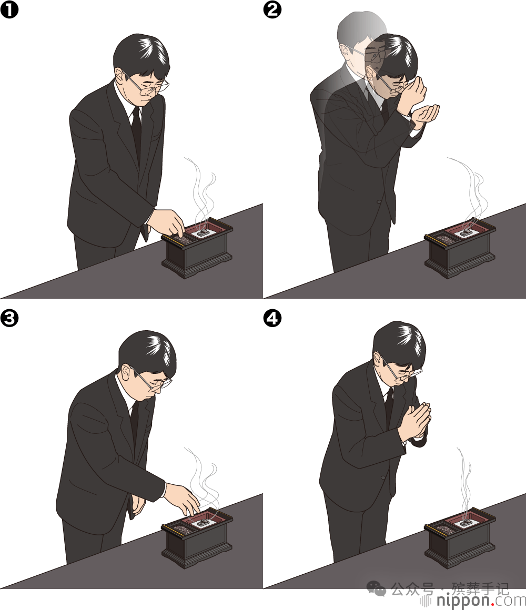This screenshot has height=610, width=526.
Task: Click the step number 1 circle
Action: [9, 9]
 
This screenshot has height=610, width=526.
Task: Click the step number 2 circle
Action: [272, 9]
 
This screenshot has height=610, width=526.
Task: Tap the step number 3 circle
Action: [9, 318]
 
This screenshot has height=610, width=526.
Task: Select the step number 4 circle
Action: [272, 318]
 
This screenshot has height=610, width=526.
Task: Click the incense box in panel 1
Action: [197, 249]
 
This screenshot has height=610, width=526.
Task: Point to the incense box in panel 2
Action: [460, 249]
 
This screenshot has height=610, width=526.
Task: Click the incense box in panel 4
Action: [460, 539]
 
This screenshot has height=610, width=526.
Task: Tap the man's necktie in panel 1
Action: [136, 130]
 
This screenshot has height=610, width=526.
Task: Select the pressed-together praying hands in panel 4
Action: [416, 423]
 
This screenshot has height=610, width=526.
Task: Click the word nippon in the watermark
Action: [462, 600]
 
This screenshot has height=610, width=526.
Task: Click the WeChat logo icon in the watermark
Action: [377, 588]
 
